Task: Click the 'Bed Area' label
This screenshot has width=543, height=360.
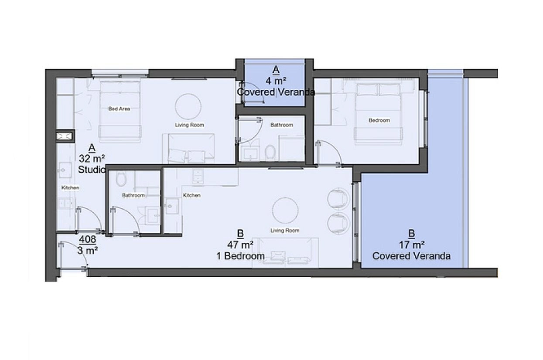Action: tap(119, 109)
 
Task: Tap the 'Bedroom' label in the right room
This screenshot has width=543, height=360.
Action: tap(379, 120)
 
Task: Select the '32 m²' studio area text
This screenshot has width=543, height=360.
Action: tap(92, 159)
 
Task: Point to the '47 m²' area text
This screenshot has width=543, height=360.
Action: tap(240, 245)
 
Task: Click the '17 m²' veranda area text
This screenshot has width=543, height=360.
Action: tap(412, 245)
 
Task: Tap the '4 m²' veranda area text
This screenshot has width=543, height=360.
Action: tap(276, 81)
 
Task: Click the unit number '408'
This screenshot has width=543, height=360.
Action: tap(88, 239)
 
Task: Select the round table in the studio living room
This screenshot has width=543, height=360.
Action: tap(188, 107)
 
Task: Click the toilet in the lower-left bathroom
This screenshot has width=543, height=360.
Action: tap(121, 179)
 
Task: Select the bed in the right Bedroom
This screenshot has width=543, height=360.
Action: tap(378, 114)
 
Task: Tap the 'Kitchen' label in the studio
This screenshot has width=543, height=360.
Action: tap(70, 188)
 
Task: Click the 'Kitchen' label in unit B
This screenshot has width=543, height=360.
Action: tap(191, 195)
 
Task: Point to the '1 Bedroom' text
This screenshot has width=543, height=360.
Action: tap(240, 256)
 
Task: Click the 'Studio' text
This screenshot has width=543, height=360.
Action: tap(92, 170)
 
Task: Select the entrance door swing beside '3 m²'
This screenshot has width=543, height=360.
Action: tap(73, 255)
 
